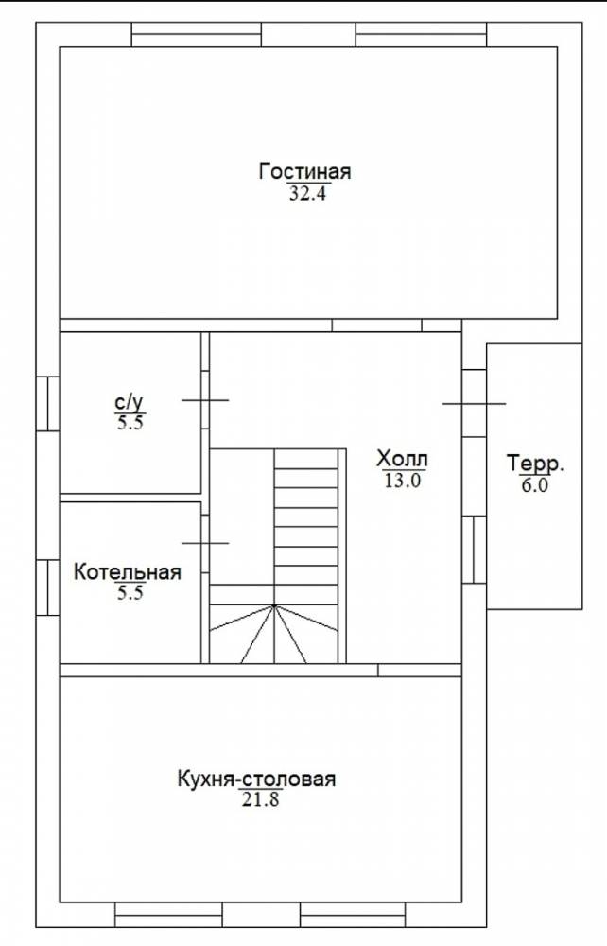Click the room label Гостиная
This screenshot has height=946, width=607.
(x=305, y=171)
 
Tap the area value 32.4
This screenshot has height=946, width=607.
(x=307, y=194)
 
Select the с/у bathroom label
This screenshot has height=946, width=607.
(x=130, y=402)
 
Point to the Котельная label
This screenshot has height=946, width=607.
(x=128, y=571)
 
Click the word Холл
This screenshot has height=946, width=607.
(x=402, y=459)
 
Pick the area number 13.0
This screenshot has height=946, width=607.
(x=402, y=481)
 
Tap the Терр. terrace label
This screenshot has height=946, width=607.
(x=535, y=464)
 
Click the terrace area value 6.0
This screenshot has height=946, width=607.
(x=534, y=485)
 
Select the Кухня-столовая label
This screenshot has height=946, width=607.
(x=256, y=779)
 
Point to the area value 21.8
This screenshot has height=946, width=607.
(x=261, y=800)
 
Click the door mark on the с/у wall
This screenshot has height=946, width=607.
(x=205, y=400)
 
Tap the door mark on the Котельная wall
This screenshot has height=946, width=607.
(x=205, y=543)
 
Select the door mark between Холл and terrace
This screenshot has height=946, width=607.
(x=474, y=404)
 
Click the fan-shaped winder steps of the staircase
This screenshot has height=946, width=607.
(x=273, y=634)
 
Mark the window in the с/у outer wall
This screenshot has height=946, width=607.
(x=47, y=404)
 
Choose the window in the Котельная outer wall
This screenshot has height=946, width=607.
(x=47, y=587)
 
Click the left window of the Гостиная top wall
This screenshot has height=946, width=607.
(x=197, y=34)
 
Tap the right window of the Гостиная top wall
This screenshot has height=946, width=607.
(x=422, y=34)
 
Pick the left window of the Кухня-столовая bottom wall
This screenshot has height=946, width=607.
(x=169, y=915)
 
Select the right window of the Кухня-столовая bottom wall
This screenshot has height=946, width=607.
(x=354, y=915)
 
